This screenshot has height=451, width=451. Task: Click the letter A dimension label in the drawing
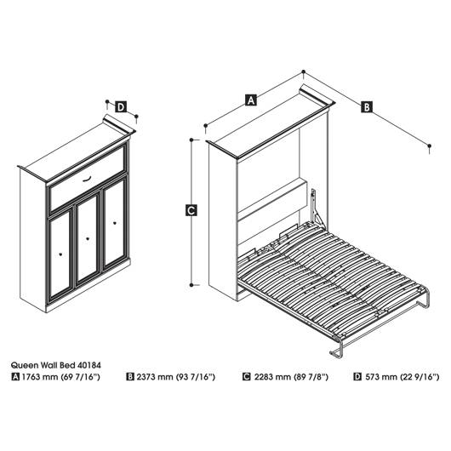click(x=251, y=100)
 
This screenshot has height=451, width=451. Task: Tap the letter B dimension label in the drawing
click(x=367, y=106)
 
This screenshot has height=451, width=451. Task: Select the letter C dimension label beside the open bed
click(x=191, y=210)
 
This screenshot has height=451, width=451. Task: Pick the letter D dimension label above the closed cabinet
click(x=121, y=107)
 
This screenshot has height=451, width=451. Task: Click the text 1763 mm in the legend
click(x=40, y=377)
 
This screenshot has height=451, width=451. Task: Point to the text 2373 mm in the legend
click(x=155, y=377)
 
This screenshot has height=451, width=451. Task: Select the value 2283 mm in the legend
click(x=272, y=377)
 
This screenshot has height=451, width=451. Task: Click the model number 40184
click(x=88, y=365)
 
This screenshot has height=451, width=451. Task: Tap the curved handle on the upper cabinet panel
click(x=87, y=180)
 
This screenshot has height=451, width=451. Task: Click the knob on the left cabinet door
click(x=60, y=254)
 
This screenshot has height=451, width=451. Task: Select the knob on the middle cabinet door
click(x=88, y=238)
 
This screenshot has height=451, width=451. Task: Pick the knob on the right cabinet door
click(x=115, y=223)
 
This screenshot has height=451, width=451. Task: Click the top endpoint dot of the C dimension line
click(x=191, y=140)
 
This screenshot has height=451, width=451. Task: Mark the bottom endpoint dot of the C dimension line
click(x=191, y=285)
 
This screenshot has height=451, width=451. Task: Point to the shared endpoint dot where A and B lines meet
click(x=303, y=71)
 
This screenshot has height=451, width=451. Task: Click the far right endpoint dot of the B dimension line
click(x=429, y=146)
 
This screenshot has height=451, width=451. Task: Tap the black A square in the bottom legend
click(x=15, y=377)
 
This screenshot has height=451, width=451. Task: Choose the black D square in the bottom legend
click(x=357, y=377)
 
